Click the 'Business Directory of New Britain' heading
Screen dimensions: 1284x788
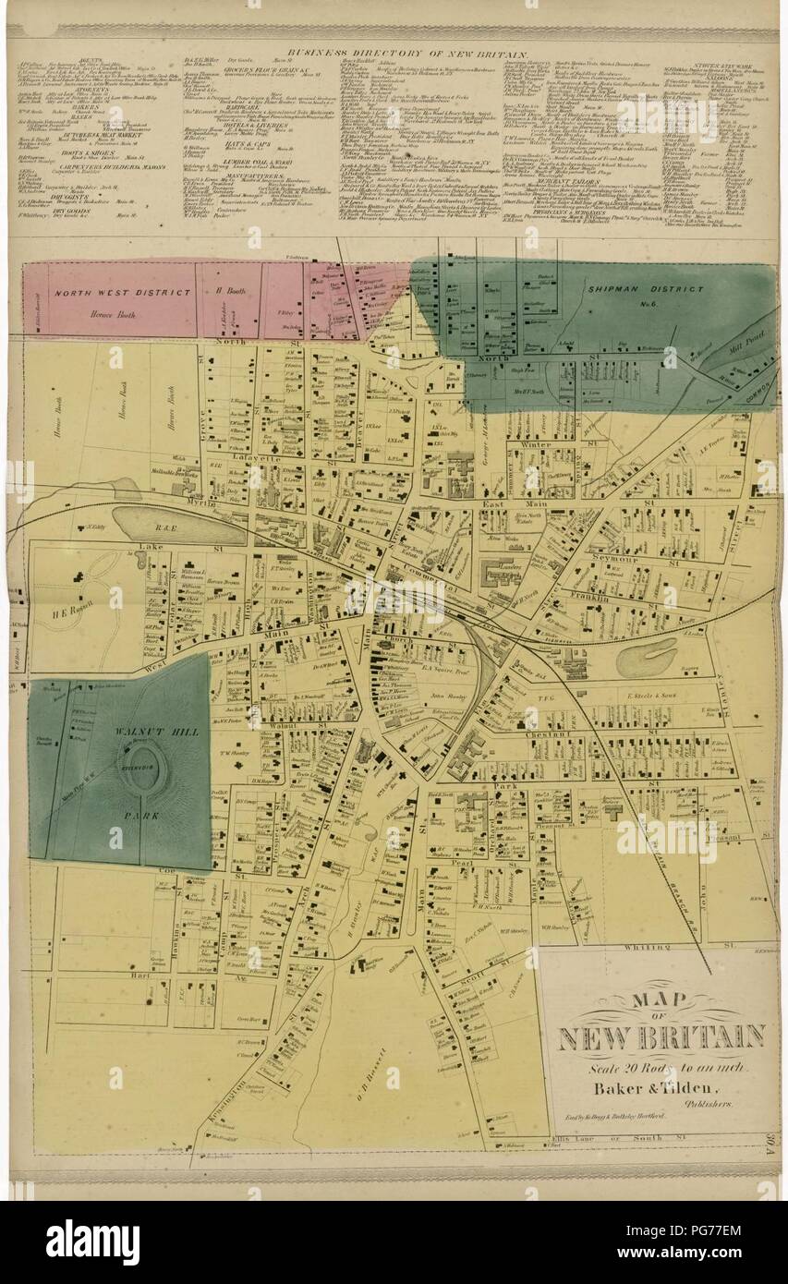point(407,55)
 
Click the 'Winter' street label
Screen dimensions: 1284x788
point(535,443)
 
